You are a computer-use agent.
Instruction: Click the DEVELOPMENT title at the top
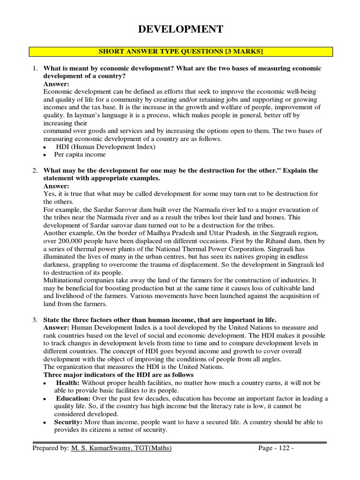(x=180, y=30)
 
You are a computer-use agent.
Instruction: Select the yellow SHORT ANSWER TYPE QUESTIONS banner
(x=180, y=51)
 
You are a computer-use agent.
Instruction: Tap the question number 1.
(x=35, y=68)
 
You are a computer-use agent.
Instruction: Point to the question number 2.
(x=35, y=171)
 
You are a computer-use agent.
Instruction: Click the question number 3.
(x=35, y=320)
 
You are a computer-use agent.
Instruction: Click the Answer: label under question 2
(x=56, y=186)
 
